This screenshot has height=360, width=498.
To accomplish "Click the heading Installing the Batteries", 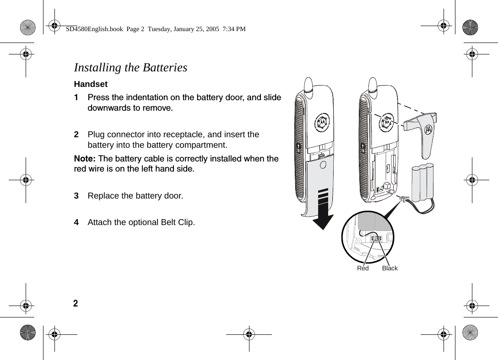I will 130,68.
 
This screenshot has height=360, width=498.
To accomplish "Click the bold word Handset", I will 91,84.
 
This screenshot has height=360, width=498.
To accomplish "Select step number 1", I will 76,97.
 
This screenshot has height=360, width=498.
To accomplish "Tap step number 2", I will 76,134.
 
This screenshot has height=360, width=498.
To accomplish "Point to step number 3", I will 76,196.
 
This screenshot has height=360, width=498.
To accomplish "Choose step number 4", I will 76,223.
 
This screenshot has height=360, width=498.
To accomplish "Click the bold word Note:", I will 85,159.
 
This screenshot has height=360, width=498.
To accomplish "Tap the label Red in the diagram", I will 363,269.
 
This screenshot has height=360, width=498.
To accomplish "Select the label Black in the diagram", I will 390,269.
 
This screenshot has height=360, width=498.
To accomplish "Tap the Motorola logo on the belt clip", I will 429,129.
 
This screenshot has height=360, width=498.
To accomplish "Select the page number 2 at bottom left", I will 76,304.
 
